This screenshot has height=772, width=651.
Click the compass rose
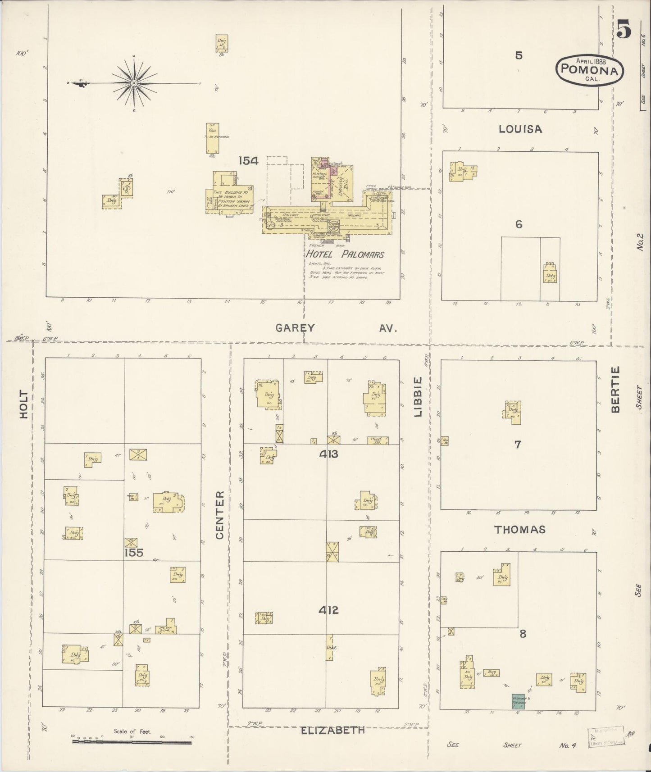pyautogui.click(x=134, y=83)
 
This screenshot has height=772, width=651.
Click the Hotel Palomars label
pyautogui.click(x=346, y=254)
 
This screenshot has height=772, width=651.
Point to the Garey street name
pyautogui.click(x=294, y=328)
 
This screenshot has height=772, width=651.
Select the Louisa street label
pyautogui.click(x=520, y=129)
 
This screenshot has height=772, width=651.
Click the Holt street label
pyautogui.click(x=23, y=404)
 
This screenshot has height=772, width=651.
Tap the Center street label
pyautogui.click(x=219, y=515)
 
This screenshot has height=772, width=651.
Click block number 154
pyautogui.click(x=248, y=160)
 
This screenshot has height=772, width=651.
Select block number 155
pyautogui.click(x=134, y=552)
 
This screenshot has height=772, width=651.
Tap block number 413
pyautogui.click(x=328, y=454)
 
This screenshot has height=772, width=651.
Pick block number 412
pyautogui.click(x=328, y=610)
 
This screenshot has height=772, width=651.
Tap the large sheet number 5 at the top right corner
pyautogui.click(x=624, y=31)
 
